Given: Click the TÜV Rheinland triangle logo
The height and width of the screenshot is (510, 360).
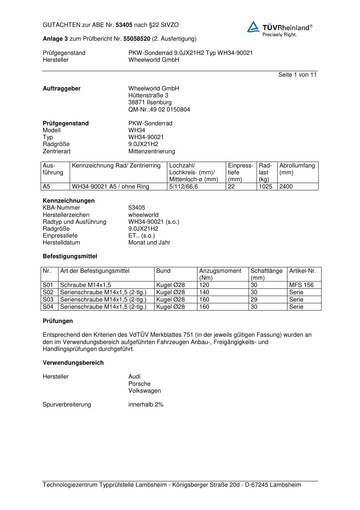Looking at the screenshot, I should click(253, 27).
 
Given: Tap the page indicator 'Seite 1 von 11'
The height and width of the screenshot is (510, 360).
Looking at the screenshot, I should click(297, 75).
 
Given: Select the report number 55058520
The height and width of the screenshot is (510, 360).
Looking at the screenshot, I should click(137, 39).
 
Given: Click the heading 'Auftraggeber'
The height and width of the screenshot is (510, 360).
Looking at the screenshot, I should click(62, 89).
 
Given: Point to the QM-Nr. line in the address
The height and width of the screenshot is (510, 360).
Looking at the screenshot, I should click(159, 110).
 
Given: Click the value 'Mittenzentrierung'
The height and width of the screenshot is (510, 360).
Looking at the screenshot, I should click(151, 151).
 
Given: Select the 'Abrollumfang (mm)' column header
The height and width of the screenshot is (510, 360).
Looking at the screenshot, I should click(297, 169).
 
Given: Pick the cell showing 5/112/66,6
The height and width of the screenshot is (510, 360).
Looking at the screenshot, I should click(183, 187).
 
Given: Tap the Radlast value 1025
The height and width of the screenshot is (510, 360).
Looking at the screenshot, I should click(265, 187).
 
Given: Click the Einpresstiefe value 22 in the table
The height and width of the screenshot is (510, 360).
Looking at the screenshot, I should click(232, 187).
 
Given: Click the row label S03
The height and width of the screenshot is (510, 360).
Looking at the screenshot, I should click(48, 300).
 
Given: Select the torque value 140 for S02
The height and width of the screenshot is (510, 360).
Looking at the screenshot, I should click(204, 292).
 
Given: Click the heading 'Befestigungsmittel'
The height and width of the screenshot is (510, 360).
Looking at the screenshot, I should click(70, 256).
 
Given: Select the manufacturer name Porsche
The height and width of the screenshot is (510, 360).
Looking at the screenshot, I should click(139, 384).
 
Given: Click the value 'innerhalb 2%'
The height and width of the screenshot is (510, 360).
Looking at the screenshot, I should click(146, 405).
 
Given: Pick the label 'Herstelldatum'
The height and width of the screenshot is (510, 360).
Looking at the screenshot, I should click(61, 243).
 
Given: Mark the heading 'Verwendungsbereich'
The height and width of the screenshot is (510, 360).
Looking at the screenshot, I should click(73, 363).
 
